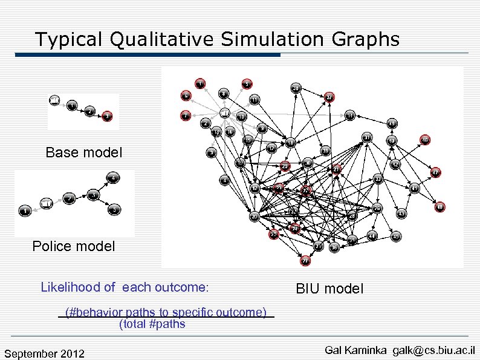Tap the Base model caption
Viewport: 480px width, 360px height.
pyautogui.click(x=83, y=152)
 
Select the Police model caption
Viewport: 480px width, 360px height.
pyautogui.click(x=73, y=246)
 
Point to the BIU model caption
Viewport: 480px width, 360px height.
pyautogui.click(x=329, y=289)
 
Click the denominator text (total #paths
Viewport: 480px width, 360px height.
pyautogui.click(x=152, y=324)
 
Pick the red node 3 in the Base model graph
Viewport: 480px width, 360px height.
pyautogui.click(x=107, y=116)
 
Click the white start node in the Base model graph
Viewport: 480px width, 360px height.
pyautogui.click(x=55, y=100)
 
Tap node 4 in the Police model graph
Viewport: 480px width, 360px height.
pyautogui.click(x=113, y=178)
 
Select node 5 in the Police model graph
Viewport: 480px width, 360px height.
pyautogui.click(x=114, y=210)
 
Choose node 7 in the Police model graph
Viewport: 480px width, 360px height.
pyautogui.click(x=69, y=199)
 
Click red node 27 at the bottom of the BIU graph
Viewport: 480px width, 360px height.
pyautogui.click(x=306, y=261)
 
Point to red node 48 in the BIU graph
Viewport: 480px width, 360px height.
pyautogui.click(x=440, y=208)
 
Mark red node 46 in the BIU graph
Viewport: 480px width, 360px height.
pyautogui.click(x=425, y=139)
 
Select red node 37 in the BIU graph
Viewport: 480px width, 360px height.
pyautogui.click(x=328, y=97)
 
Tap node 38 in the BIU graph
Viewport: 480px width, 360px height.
pyautogui.click(x=334, y=247)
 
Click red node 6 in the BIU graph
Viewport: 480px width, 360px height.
pyautogui.click(x=186, y=96)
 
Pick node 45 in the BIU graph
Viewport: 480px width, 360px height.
pyautogui.click(x=396, y=237)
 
